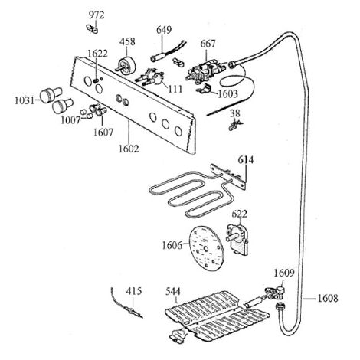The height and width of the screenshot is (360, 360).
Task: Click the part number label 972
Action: tap(97, 15)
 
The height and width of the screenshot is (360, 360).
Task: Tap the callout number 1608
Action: tap(328, 298)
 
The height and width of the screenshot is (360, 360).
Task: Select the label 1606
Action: tap(172, 246)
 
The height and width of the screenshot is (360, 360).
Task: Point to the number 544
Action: tap(173, 291)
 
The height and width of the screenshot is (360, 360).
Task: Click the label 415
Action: tap(134, 291)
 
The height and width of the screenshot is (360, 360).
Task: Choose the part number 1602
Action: tap(129, 149)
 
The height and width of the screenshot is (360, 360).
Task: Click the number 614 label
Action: tap(246, 160)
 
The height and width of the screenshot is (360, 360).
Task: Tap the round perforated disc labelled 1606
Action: tap(206, 248)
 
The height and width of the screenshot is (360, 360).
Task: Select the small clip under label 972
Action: tap(92, 28)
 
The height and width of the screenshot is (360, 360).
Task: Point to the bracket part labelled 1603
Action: tap(205, 89)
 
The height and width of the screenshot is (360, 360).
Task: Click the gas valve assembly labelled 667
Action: tap(206, 70)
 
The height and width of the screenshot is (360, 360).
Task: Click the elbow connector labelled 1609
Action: tap(275, 293)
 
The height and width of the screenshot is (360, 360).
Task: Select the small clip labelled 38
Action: tap(235, 126)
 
